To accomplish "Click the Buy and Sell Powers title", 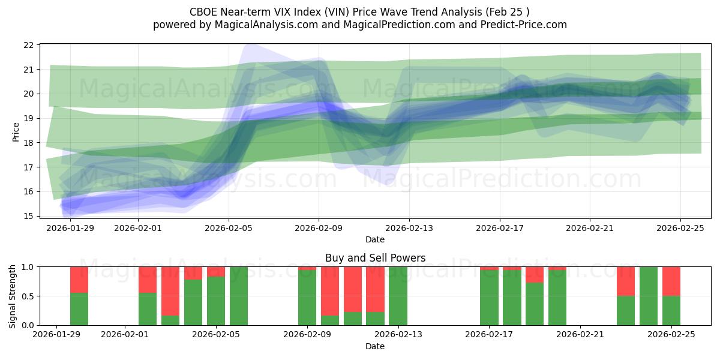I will pos(375,258).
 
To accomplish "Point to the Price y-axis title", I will pos(16,131).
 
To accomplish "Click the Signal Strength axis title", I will pos(13,296).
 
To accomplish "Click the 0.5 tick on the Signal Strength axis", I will pos(26,296).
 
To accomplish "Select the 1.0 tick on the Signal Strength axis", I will pos(26,266).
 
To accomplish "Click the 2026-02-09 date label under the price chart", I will pos(319,227).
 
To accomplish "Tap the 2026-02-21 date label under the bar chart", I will pos(581,335).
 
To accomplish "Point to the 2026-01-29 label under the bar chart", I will pos(56,335).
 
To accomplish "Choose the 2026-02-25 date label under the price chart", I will pos(680,227).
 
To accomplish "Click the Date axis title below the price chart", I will pos(375,239).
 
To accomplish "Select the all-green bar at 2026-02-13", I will pos(398,296).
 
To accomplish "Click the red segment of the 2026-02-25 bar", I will pos(671,281).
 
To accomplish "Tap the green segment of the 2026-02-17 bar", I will pos(489,298).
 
